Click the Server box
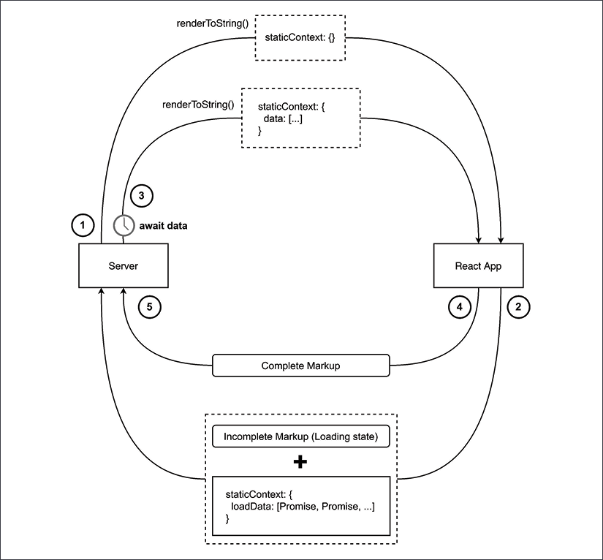pos(123,266)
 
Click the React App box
pos(479,266)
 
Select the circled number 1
pos(83,226)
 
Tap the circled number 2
pos(517,306)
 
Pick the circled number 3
pos(141,195)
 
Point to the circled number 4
pos(459,307)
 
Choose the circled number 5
pos(148,307)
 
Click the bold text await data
pos(164,226)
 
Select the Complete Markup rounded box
pos(300,366)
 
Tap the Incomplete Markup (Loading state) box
pos(300,438)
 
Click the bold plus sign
pos(300,463)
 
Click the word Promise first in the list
pos(295,507)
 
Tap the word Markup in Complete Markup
pos(322,366)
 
